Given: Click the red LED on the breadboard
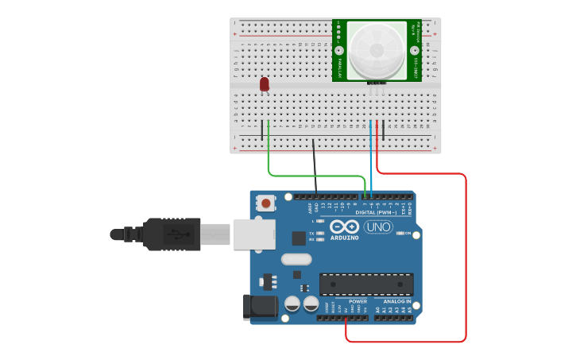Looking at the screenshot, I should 265,83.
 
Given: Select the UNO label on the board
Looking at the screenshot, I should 378,227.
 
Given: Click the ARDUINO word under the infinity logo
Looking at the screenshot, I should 344,238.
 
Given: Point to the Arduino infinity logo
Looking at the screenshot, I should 344,226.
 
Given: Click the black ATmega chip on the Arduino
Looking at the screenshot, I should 366,284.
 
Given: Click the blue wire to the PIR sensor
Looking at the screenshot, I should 371,159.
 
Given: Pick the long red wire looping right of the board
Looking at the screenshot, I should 465,262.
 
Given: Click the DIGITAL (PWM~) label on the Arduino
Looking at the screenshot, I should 375,212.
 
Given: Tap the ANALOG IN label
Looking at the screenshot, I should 397,302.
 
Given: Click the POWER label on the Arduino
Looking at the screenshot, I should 358,302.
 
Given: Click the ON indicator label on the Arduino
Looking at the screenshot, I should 408,233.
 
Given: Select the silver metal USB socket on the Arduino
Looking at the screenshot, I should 254,234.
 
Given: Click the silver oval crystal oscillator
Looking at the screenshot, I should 296,258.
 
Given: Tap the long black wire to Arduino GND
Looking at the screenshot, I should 315,167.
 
